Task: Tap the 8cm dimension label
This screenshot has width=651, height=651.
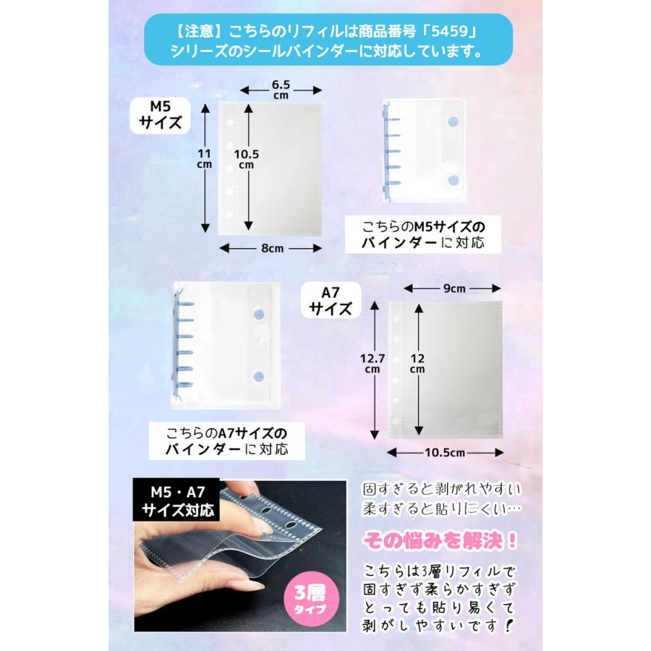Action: [x=271, y=248]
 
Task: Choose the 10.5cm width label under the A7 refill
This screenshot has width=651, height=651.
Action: [x=444, y=452]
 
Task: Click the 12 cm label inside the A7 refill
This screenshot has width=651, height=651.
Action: [x=417, y=362]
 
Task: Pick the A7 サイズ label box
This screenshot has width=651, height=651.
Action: [x=331, y=300]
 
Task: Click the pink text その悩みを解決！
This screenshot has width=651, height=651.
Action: [x=442, y=540]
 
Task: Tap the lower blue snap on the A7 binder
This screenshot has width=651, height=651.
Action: [x=259, y=376]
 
